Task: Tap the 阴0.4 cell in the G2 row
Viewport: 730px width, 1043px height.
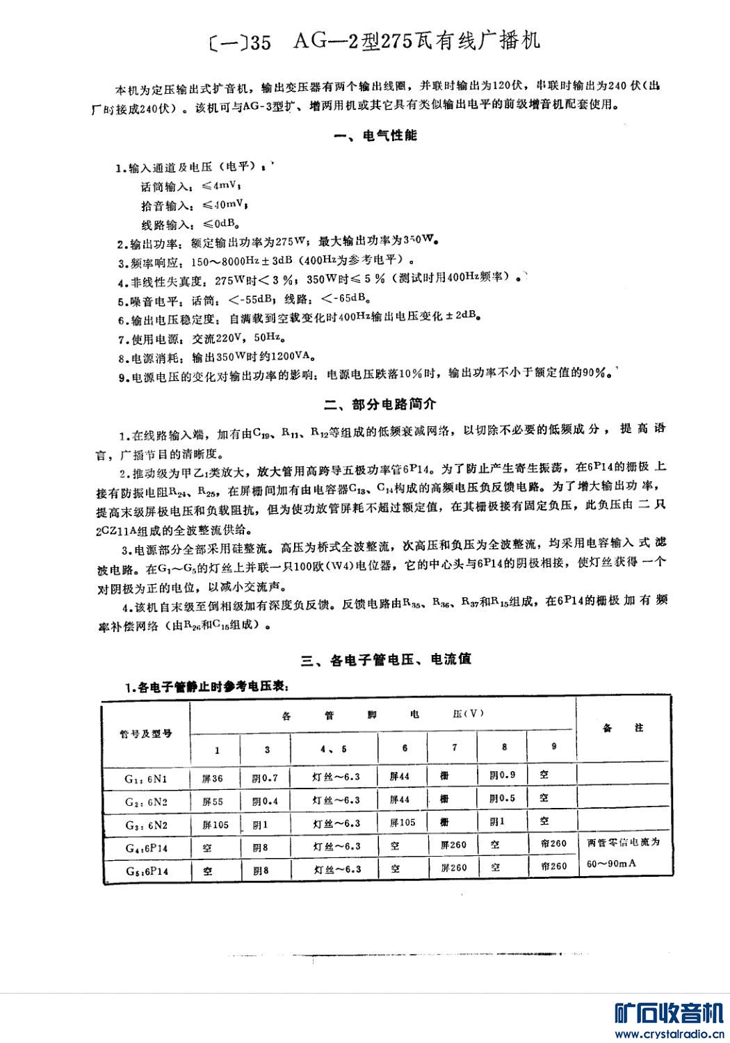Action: pos(265,801)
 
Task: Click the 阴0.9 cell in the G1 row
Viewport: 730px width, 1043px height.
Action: pos(503,776)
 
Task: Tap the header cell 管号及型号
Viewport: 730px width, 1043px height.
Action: pos(146,734)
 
